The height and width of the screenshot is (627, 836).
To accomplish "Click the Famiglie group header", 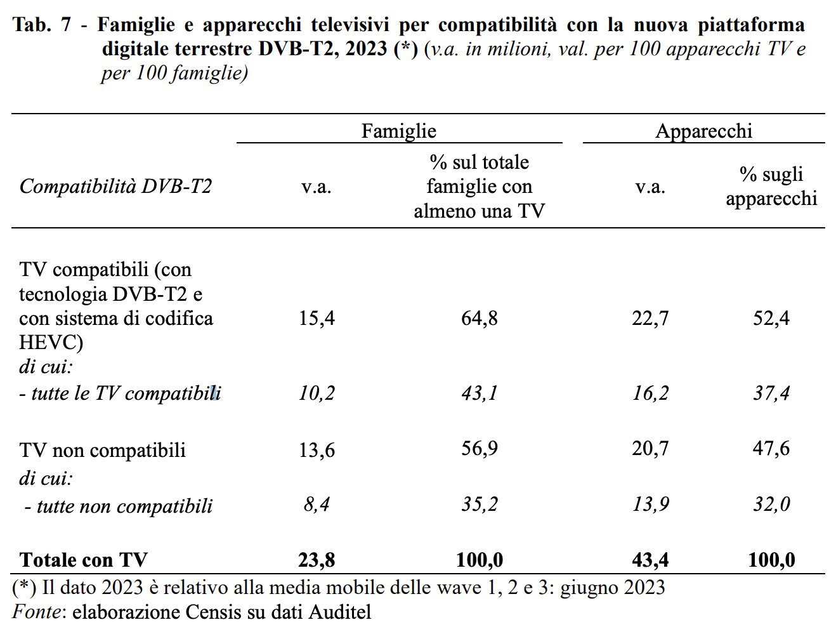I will [398, 131].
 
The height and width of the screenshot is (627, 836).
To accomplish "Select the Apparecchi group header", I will [703, 131].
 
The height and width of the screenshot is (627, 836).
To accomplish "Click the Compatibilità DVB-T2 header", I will [115, 187].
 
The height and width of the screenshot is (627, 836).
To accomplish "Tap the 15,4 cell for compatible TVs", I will [317, 318].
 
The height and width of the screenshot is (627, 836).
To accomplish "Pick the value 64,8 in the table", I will [479, 318].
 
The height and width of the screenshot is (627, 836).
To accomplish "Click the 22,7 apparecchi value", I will [650, 318].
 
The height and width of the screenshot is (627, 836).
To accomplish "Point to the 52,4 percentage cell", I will [771, 318].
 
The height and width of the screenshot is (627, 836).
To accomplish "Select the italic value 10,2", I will [317, 393].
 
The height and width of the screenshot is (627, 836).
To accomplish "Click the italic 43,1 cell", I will [479, 393].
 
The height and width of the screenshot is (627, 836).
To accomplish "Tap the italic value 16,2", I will [650, 393].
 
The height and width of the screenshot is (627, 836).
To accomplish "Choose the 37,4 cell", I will [771, 393].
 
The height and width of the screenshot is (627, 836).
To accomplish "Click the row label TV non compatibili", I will [103, 450].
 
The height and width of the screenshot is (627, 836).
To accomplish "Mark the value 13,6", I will [317, 450].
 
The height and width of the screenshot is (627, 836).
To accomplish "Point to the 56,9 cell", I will [479, 449].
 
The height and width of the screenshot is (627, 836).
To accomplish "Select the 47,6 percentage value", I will [771, 449].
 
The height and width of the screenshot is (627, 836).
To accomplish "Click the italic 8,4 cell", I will [317, 505].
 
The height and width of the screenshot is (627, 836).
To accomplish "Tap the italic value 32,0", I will [771, 505].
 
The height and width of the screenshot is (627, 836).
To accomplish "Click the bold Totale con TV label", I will [83, 560].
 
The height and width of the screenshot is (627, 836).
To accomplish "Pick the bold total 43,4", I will [650, 560].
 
